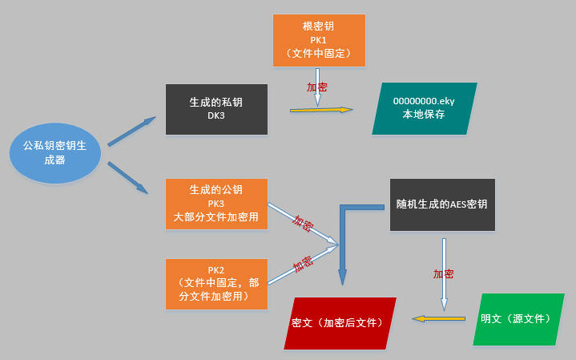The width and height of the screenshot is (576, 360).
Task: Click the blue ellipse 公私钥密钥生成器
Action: pyautogui.click(x=55, y=153)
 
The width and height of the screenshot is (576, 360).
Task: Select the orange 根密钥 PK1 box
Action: pyautogui.click(x=319, y=40)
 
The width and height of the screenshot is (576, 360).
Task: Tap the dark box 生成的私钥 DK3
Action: pyautogui.click(x=216, y=109)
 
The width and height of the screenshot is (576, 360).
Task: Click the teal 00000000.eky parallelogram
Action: pyautogui.click(x=425, y=108)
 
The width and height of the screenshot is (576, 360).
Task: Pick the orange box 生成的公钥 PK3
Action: pyautogui.click(x=216, y=204)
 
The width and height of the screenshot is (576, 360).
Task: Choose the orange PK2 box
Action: pyautogui.click(x=216, y=285)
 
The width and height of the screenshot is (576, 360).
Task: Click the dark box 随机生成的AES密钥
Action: pyautogui.click(x=442, y=204)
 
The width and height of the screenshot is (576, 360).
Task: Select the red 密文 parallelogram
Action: pyautogui.click(x=340, y=323)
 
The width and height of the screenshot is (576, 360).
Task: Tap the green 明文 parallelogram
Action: pyautogui.click(x=518, y=319)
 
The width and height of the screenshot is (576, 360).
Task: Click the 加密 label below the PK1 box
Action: pyautogui.click(x=316, y=87)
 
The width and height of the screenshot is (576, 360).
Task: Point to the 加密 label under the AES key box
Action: pyautogui.click(x=443, y=274)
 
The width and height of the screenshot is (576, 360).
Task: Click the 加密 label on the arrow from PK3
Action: pyautogui.click(x=303, y=223)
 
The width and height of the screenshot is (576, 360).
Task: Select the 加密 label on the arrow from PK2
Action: pyautogui.click(x=303, y=264)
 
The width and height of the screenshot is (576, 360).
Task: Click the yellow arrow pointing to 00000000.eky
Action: pyautogui.click(x=321, y=110)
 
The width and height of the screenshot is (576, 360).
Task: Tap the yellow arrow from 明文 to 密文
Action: pyautogui.click(x=439, y=318)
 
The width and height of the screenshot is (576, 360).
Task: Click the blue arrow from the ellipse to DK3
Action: pyautogui.click(x=132, y=131)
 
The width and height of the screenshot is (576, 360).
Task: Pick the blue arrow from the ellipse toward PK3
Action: pyautogui.click(x=128, y=178)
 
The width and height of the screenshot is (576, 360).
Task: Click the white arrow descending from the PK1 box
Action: pyautogui.click(x=317, y=87)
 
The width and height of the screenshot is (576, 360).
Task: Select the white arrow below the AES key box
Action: pyautogui.click(x=444, y=274)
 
